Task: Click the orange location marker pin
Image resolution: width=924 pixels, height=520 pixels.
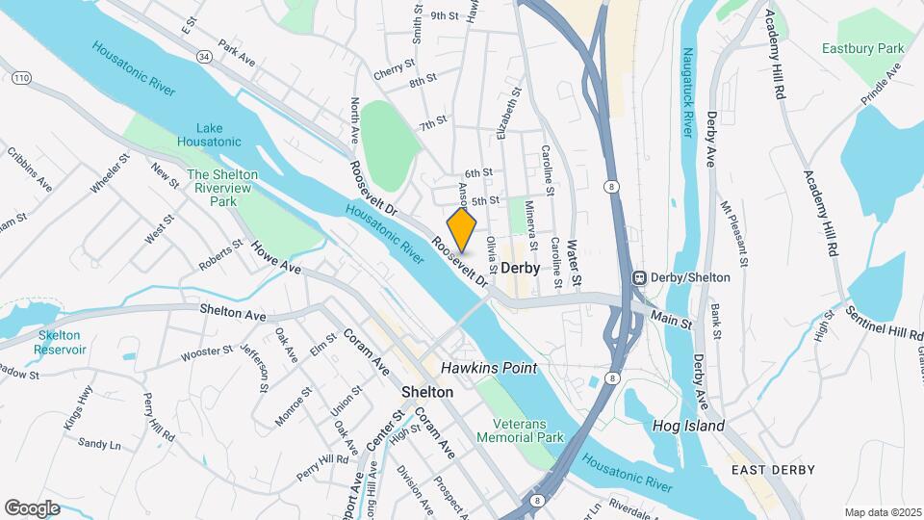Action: [x=462, y=228]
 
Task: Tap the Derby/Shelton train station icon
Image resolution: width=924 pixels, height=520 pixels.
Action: [x=637, y=277]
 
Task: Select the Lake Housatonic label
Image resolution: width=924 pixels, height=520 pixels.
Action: [x=209, y=135]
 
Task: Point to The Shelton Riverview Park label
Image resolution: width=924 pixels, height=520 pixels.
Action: [x=222, y=188]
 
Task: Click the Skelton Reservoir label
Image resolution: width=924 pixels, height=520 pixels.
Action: [x=63, y=342]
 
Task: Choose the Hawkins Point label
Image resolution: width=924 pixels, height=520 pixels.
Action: [x=488, y=368]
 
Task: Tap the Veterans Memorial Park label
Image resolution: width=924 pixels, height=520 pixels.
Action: [x=528, y=429]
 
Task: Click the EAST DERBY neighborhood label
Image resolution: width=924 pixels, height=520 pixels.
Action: [x=772, y=470]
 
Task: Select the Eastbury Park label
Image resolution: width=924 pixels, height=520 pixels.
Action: [x=863, y=48]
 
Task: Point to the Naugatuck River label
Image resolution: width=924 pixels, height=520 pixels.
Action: [x=687, y=91]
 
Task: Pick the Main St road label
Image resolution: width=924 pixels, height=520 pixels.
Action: [x=671, y=319]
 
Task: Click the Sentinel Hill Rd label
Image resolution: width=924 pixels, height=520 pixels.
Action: [x=885, y=325]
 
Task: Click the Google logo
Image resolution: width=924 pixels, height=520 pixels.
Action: [x=32, y=507]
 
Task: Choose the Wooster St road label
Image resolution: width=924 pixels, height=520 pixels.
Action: [x=201, y=352]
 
